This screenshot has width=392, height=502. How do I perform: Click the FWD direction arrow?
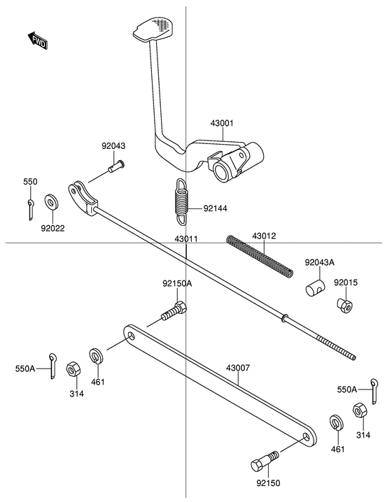coord(38,40)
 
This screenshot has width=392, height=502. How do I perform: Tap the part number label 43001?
coord(222,123)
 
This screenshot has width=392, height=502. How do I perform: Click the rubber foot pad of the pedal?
coord(153,29)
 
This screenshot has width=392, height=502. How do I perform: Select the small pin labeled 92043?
coord(116,166)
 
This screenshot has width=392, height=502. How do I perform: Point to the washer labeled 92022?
coord(51,201)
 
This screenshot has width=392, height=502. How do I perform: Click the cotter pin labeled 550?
coord(30,210)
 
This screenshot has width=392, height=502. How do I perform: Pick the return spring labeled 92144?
coord(181,201)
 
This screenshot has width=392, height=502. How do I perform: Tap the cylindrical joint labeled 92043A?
coord(315,287)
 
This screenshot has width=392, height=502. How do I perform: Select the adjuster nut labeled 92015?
coord(345,306)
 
